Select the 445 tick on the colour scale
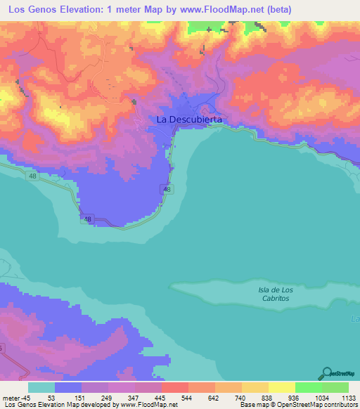(x=161, y=397)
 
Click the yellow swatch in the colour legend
(x=281, y=387)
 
